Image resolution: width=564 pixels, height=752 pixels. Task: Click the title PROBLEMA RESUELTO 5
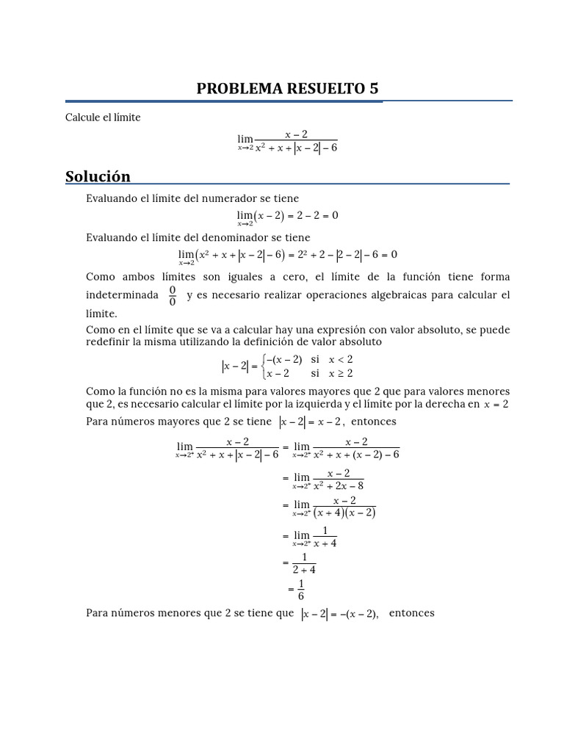coord(288,89)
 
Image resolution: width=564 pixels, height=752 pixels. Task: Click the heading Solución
coord(98,176)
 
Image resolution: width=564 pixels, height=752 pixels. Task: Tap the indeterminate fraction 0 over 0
coord(173,295)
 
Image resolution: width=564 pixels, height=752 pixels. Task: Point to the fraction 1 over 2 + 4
coord(304,563)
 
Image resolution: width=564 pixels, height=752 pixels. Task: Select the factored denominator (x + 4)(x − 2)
coord(344,513)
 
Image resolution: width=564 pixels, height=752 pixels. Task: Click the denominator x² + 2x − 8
coord(339,485)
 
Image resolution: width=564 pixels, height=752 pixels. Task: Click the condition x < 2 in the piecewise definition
coord(341,359)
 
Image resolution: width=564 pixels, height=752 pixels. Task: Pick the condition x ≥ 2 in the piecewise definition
coord(341,373)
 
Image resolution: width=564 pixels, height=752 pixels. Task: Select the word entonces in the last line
coord(411,613)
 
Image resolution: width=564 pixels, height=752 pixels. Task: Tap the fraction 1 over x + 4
coord(325,537)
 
